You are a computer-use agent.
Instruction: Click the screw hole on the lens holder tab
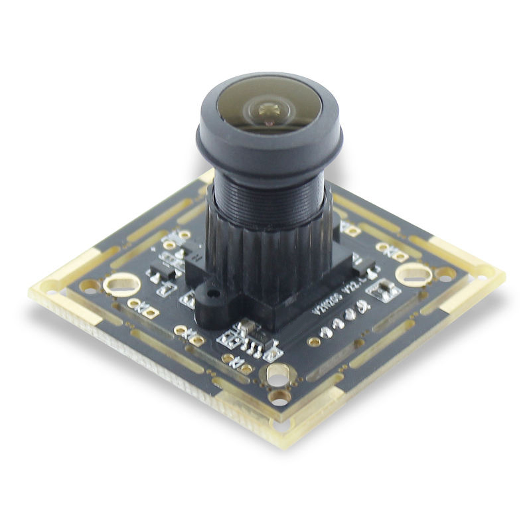[212, 291]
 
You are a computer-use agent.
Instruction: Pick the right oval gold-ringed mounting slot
[413, 273]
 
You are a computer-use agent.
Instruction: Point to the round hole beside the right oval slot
[443, 272]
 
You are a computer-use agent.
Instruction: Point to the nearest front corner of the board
[287, 443]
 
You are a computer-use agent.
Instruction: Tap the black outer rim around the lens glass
[268, 143]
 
